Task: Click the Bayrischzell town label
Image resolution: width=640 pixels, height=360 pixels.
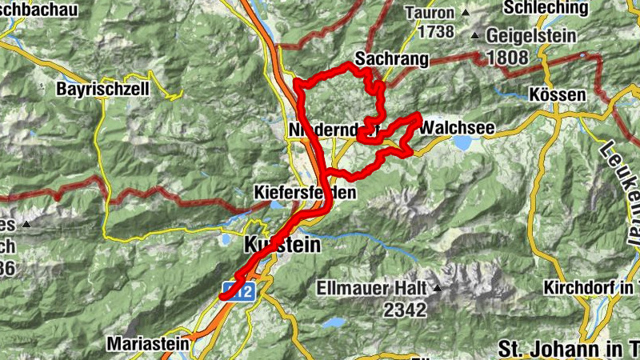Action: (102, 90)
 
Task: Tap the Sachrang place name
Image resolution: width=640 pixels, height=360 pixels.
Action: (391, 60)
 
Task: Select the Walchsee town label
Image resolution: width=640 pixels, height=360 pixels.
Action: (457, 127)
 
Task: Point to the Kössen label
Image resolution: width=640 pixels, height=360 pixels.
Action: (558, 94)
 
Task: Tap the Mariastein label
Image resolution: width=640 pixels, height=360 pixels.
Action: (148, 344)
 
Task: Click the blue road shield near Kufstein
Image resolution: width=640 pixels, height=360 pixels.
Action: (239, 292)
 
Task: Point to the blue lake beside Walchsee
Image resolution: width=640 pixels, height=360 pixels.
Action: (462, 143)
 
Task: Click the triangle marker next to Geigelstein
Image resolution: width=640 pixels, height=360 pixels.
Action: (475, 36)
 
